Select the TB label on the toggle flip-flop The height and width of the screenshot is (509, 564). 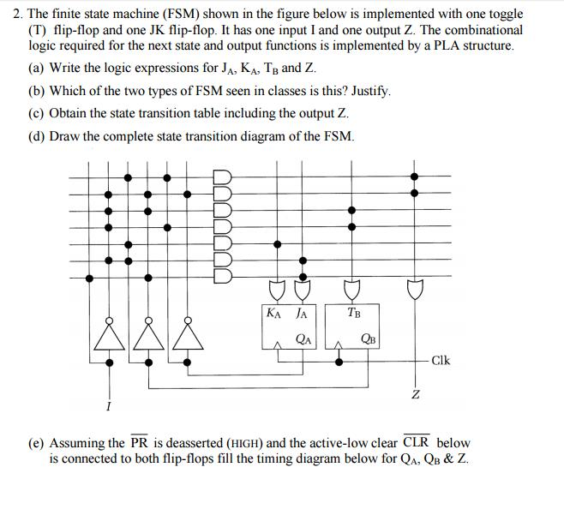[x=354, y=313]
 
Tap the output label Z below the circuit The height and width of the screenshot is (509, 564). [x=415, y=394]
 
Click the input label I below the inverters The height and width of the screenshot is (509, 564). [x=109, y=404]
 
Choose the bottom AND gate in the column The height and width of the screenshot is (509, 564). [x=222, y=276]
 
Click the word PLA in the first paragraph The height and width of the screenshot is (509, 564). [x=436, y=45]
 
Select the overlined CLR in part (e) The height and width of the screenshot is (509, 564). [x=417, y=443]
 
